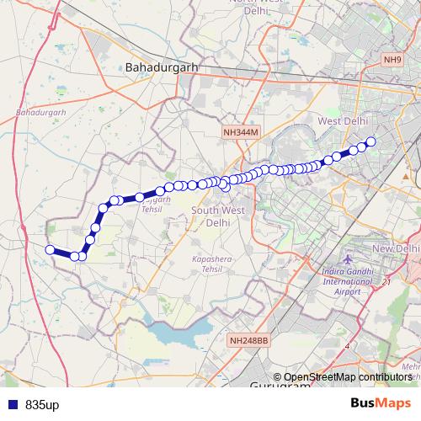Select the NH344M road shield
click(x=243, y=133)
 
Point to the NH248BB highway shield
click(x=248, y=341)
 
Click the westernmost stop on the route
click(x=50, y=249)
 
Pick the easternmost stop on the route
click(x=370, y=141)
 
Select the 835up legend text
click(x=42, y=405)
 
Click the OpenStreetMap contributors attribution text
click(x=347, y=377)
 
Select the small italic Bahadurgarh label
click(x=40, y=111)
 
